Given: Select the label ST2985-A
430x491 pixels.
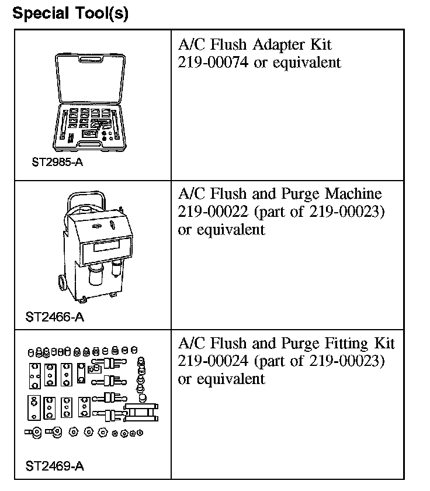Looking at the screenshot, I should (x=57, y=162).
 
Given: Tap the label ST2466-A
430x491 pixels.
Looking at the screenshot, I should (x=54, y=317).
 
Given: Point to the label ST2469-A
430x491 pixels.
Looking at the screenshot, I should (x=54, y=466).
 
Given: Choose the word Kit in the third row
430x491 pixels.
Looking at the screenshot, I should (x=384, y=343).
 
